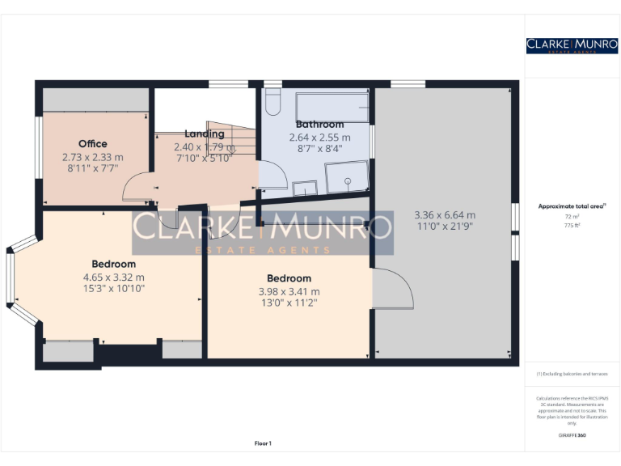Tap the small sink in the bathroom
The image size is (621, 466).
click(304, 188)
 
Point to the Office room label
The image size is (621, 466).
click(92, 144)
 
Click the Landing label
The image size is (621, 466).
click(204, 133)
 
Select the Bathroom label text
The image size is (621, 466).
click(319, 125)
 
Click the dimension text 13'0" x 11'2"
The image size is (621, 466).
click(289, 303)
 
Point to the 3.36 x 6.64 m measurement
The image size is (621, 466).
click(444, 215)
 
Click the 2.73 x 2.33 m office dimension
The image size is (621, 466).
click(92, 157)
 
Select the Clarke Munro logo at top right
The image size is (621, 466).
click(572, 45)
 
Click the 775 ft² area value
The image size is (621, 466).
click(572, 225)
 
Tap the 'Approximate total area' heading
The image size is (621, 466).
click(572, 206)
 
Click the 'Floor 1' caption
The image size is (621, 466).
click(263, 443)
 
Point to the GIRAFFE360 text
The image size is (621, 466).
click(572, 435)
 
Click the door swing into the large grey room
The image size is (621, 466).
click(394, 288)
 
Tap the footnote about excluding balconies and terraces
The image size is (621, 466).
click(572, 374)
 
